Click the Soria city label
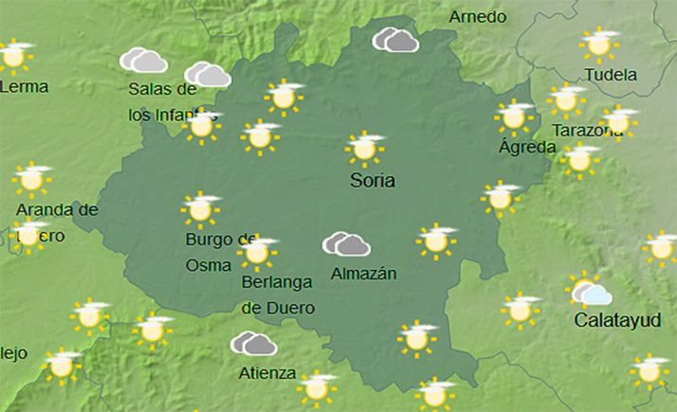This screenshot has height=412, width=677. pyautogui.click(x=372, y=181)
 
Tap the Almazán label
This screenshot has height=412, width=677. pyautogui.click(x=363, y=275)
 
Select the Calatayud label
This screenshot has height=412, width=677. pyautogui.click(x=617, y=320)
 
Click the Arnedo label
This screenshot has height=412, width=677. pyautogui.click(x=477, y=17)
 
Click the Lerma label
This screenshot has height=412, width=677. pyautogui.click(x=25, y=86)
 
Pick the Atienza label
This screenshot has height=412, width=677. pyautogui.click(x=268, y=372)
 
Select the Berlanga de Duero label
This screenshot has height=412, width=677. pyautogui.click(x=278, y=294)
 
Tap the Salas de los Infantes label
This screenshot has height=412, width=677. pyautogui.click(x=162, y=101)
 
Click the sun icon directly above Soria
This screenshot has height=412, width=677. pyautogui.click(x=364, y=148)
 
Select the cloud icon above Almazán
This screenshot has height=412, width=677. pyautogui.click(x=346, y=244)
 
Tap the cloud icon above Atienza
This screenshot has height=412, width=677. pyautogui.click(x=253, y=343)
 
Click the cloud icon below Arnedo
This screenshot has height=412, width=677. pyautogui.click(x=395, y=40)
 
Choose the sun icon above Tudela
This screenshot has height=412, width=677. pyautogui.click(x=599, y=44)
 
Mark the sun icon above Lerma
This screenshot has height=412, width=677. pyautogui.click(x=14, y=55)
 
